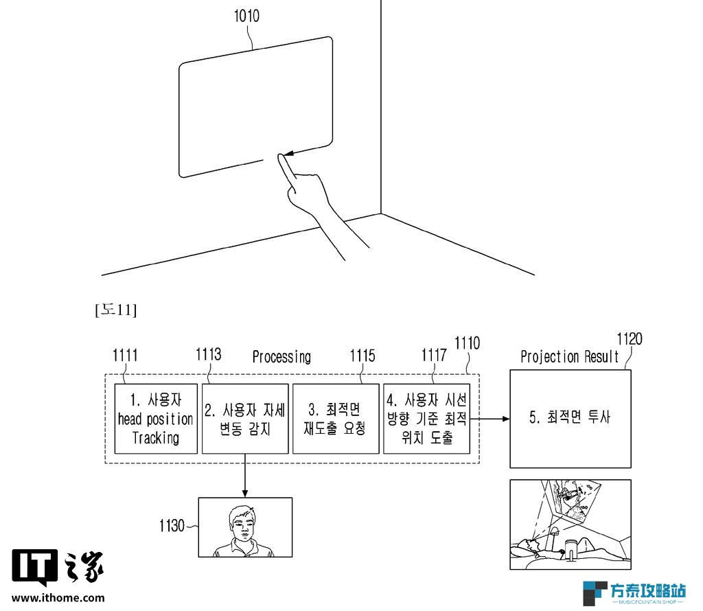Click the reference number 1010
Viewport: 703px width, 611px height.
click(x=246, y=16)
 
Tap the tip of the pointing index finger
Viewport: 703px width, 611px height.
click(x=281, y=156)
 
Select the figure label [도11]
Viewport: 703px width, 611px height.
click(x=115, y=310)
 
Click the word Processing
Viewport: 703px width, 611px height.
click(x=281, y=357)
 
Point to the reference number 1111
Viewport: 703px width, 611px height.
click(x=125, y=356)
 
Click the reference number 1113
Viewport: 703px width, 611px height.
click(x=209, y=355)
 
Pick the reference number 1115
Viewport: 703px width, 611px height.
click(x=362, y=356)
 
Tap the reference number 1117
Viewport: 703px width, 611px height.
click(x=434, y=356)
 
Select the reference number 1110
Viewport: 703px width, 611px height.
click(x=467, y=343)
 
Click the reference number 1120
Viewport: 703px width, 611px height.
click(x=630, y=339)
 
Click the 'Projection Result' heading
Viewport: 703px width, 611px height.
click(x=569, y=357)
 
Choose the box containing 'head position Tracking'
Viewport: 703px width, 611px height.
click(x=156, y=419)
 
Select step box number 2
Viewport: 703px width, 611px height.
click(x=245, y=419)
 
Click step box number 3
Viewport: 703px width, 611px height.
click(x=336, y=419)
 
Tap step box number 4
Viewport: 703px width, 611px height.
click(x=427, y=419)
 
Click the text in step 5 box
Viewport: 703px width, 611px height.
click(x=570, y=417)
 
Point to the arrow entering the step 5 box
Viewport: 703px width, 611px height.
click(x=490, y=419)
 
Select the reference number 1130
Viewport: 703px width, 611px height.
click(x=172, y=526)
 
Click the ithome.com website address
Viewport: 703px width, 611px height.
click(x=58, y=598)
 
